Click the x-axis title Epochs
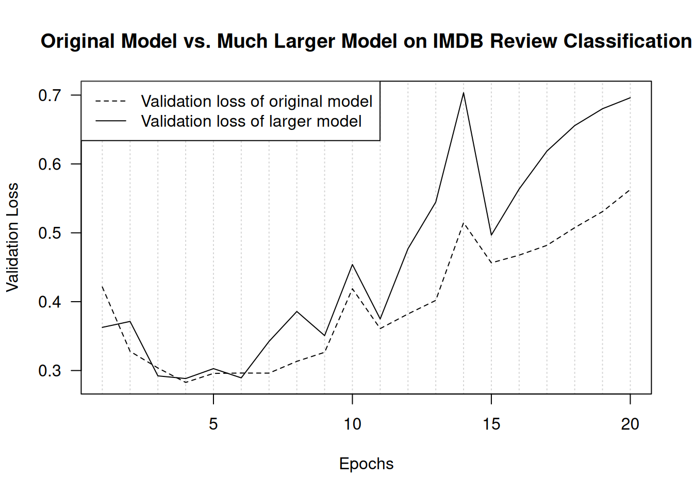(x=366, y=464)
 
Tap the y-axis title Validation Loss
(x=12, y=237)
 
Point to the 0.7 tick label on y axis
(x=49, y=95)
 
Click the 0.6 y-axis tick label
(x=49, y=164)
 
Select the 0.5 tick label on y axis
(x=49, y=233)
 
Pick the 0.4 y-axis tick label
(x=49, y=302)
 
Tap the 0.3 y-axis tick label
(x=49, y=371)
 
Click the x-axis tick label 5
(x=213, y=424)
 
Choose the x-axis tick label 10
(x=352, y=424)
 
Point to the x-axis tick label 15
(x=491, y=424)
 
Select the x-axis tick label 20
(x=630, y=424)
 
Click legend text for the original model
(x=257, y=101)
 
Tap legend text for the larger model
(x=251, y=121)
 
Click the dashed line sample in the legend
(x=111, y=102)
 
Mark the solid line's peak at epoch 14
(x=464, y=93)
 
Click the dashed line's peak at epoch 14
(x=464, y=223)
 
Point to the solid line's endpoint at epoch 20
(x=630, y=97)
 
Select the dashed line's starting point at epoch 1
(x=102, y=286)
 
